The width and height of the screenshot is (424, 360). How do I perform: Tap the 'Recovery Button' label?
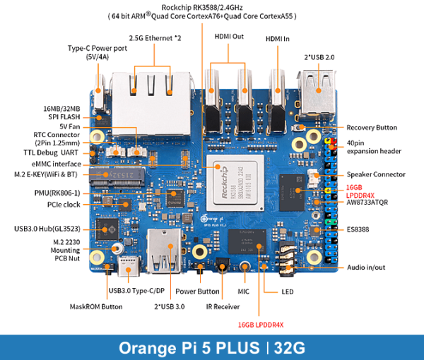[372, 128]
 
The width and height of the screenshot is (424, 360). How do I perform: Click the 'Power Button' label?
[197, 290]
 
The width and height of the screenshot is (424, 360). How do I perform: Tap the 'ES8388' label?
[359, 229]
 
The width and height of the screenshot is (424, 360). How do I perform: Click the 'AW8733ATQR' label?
[368, 203]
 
